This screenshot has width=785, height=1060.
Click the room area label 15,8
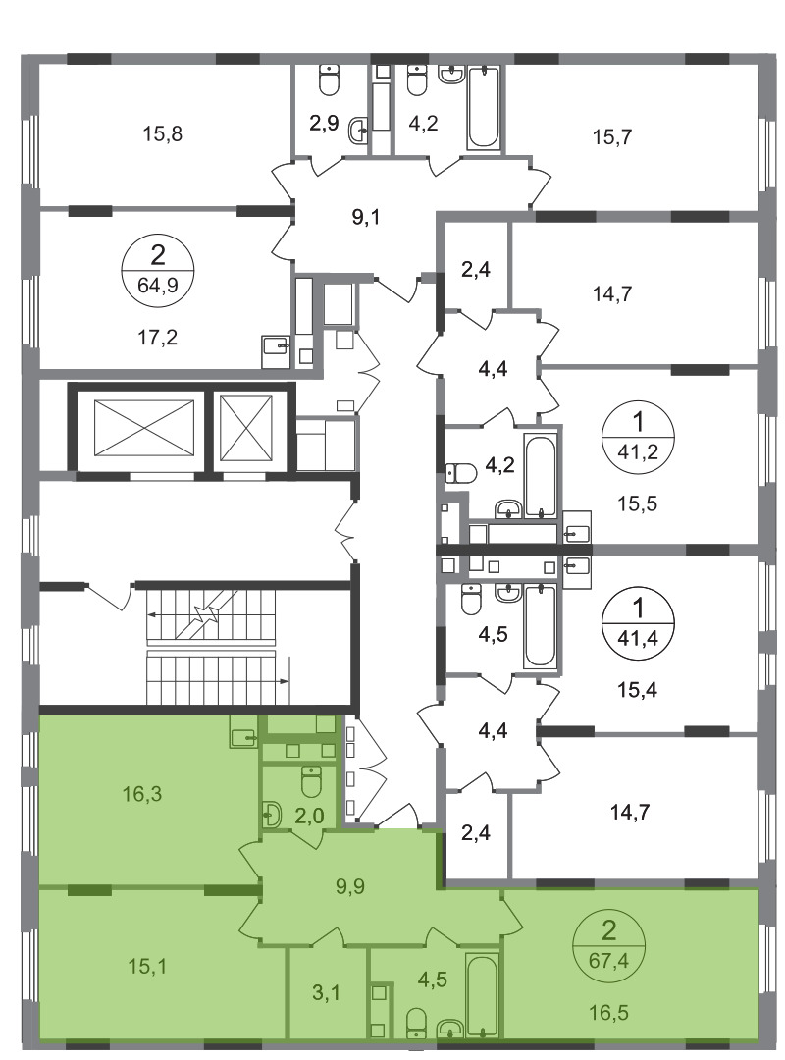pos(162,133)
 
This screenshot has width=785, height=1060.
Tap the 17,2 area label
pos(158,337)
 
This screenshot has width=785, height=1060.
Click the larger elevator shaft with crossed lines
pos(144,428)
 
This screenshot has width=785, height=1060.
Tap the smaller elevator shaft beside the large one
pos(246,428)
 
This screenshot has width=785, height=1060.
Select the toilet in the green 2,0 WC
pos(311,781)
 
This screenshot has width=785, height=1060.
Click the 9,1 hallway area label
pos(366,218)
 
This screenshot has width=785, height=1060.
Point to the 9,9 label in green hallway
pos(350,885)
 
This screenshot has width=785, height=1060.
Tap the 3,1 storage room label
pos(326,993)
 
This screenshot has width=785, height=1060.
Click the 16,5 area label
pos(608,1013)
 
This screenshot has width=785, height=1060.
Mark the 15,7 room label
pos(612,137)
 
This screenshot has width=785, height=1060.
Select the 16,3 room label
pos(142,794)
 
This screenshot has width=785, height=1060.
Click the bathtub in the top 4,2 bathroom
pos(483,107)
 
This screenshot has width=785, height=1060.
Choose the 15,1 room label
pos(147,966)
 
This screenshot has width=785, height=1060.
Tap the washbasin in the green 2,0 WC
pos(271,815)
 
